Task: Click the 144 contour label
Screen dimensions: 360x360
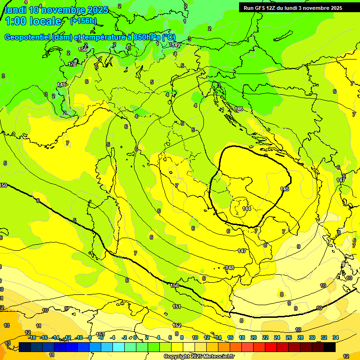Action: tap(247, 208)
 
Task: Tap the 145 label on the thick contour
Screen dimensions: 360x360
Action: tap(285, 188)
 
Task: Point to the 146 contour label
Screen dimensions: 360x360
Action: tap(239, 109)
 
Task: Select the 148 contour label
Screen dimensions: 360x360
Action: tap(230, 268)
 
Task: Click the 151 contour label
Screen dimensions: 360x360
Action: tap(177, 307)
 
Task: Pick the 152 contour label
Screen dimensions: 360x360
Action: tap(177, 325)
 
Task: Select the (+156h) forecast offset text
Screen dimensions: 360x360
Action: tap(83, 21)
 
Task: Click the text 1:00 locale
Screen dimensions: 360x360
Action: tap(33, 21)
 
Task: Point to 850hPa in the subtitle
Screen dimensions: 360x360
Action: tap(142, 37)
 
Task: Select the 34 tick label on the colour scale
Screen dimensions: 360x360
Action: tap(335, 337)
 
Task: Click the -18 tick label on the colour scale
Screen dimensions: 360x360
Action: tap(32, 337)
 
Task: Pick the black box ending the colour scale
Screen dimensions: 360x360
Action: tap(330, 347)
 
